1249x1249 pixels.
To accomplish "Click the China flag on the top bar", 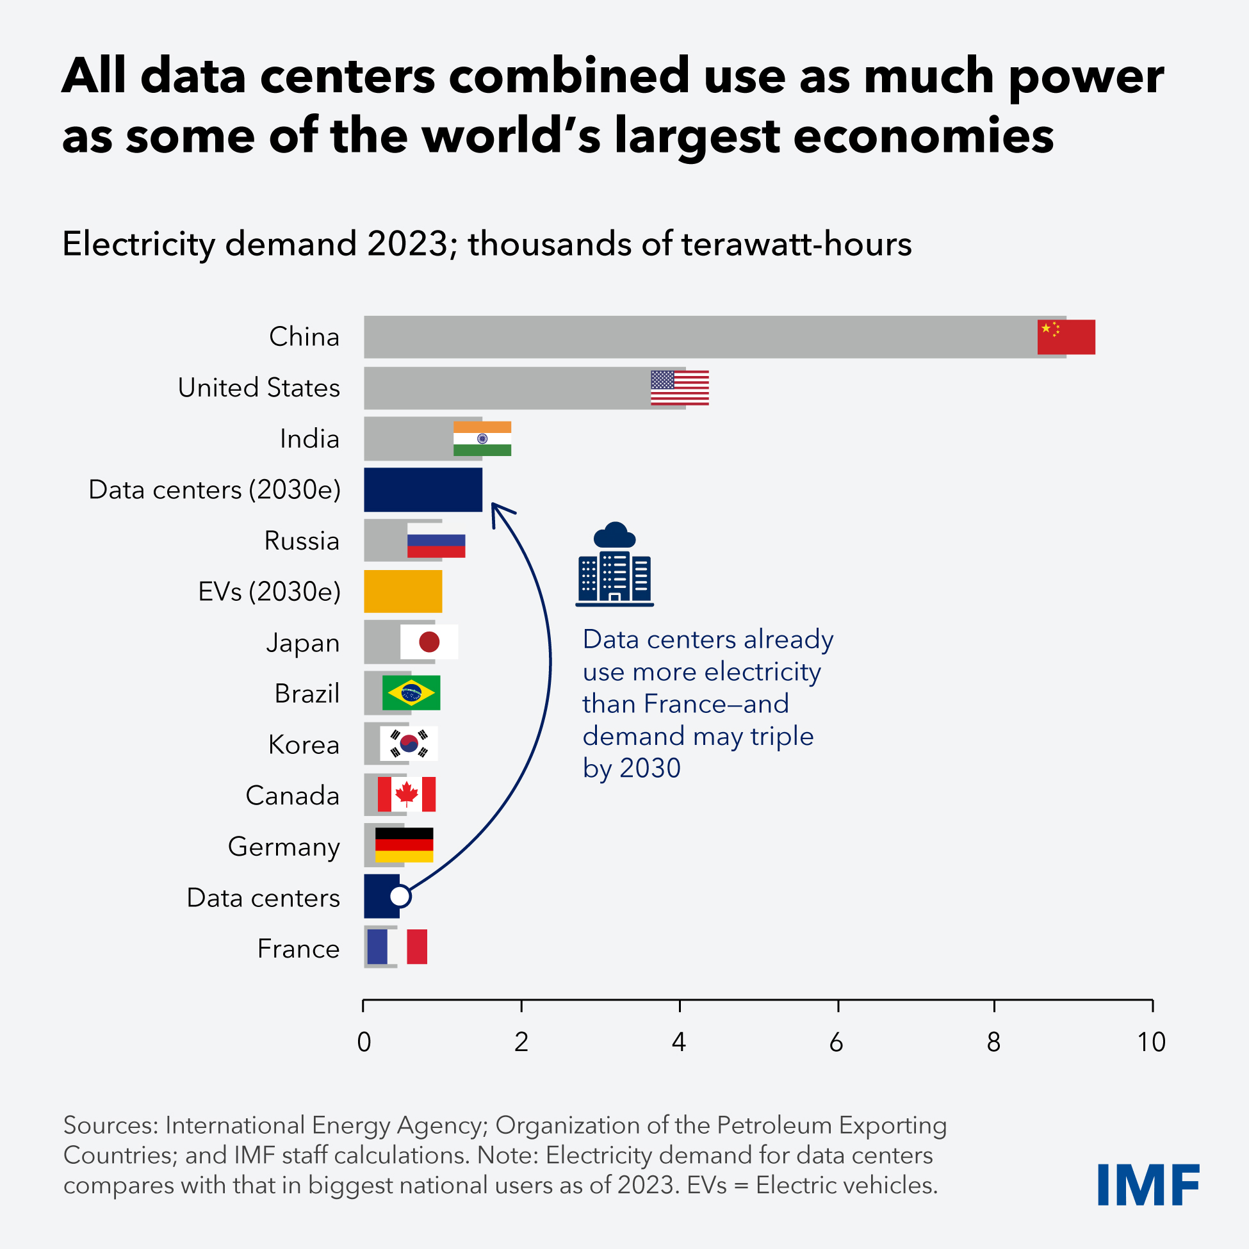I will [1066, 337].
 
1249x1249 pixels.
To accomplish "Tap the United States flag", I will [680, 388].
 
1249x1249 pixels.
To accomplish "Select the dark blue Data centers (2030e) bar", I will [423, 489].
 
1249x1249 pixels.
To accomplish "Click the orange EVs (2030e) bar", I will [403, 591].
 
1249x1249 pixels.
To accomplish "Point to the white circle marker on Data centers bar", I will [400, 896].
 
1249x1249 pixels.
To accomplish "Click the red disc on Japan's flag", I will [429, 642].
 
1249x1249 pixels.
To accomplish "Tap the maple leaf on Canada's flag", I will [407, 793].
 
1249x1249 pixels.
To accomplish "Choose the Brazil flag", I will [411, 693].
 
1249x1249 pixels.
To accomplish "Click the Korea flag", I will [409, 744].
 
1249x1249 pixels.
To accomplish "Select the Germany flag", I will [404, 845].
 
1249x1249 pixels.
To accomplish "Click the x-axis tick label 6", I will [836, 1042].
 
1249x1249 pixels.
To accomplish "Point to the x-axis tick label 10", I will [1152, 1042].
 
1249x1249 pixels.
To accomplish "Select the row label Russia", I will [301, 541].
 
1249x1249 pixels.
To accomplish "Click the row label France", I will [298, 949].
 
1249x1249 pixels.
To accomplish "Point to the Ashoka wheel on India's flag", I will [482, 438].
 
